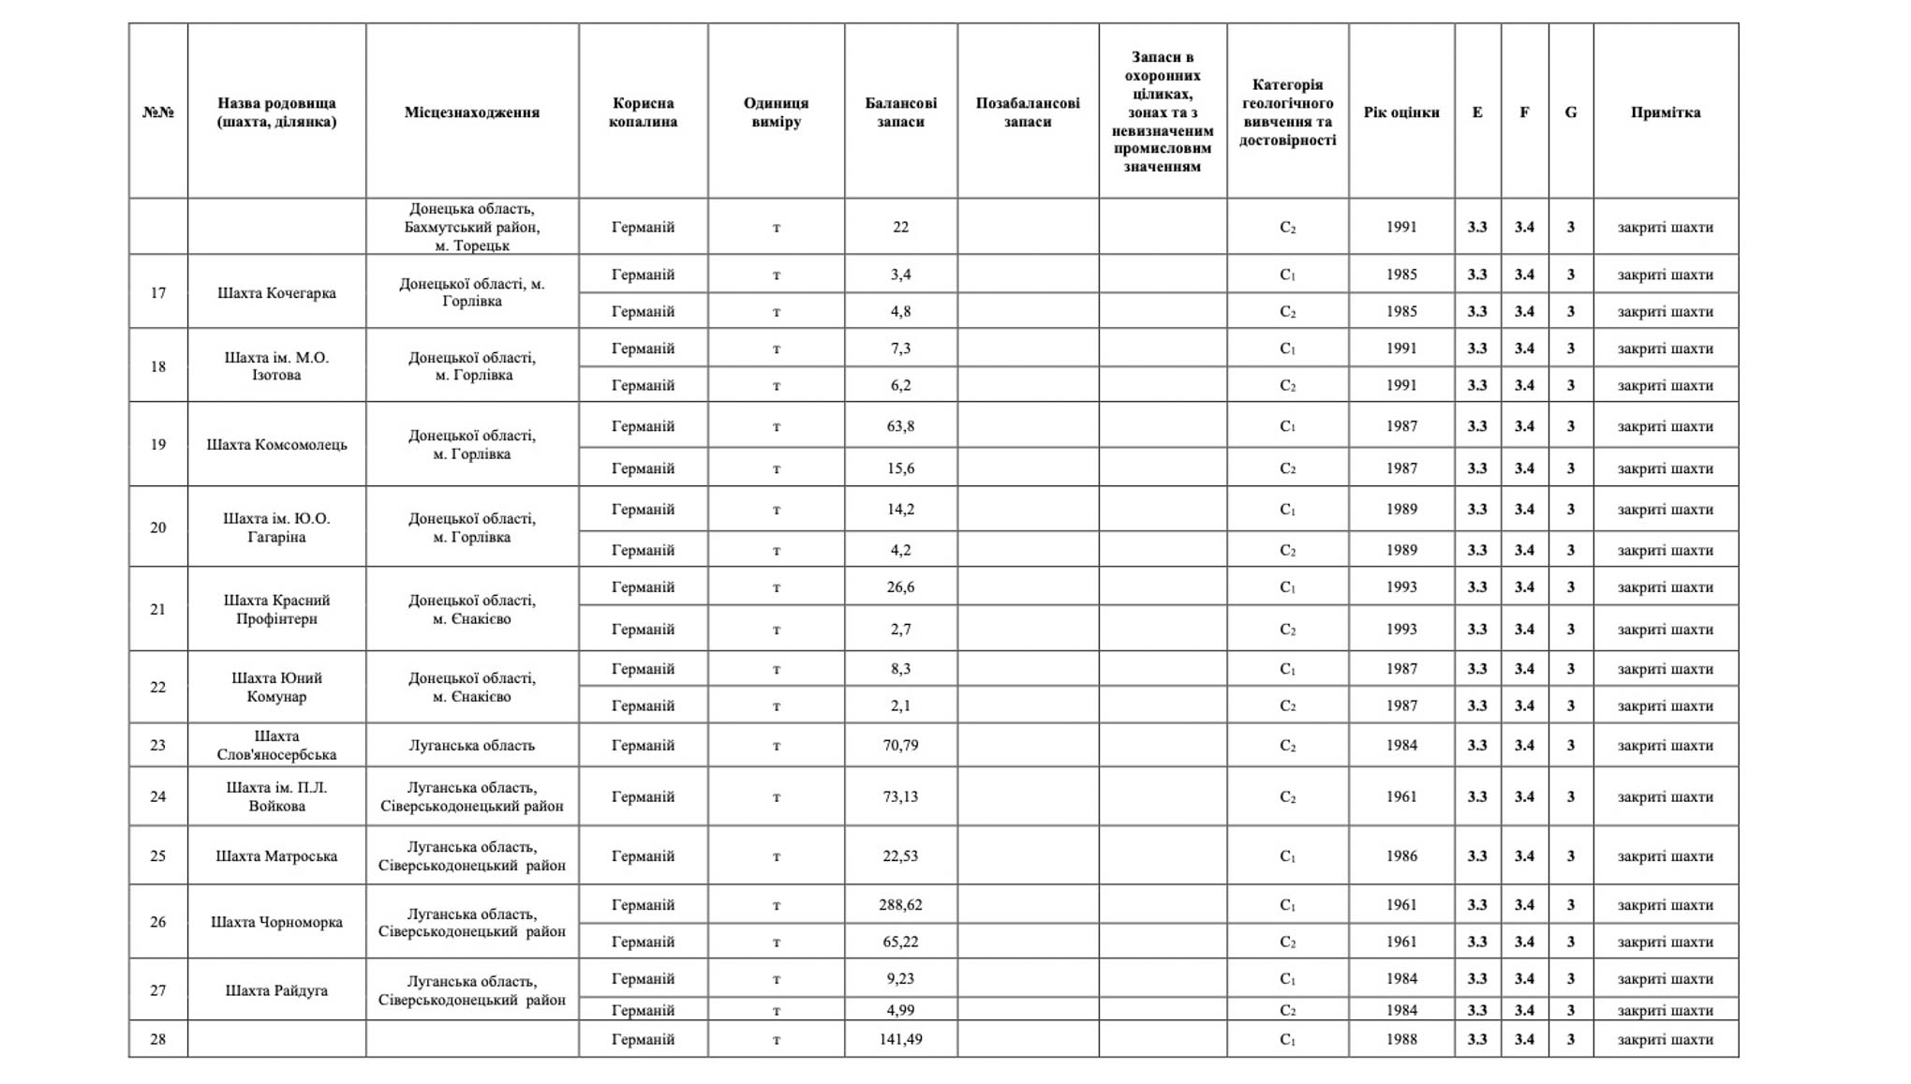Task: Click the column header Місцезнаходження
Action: pyautogui.click(x=472, y=112)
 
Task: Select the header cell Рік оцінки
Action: pyautogui.click(x=1401, y=112)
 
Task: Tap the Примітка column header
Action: pyautogui.click(x=1665, y=112)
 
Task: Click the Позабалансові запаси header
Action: pyautogui.click(x=1028, y=112)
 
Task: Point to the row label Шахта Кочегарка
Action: pyautogui.click(x=276, y=293)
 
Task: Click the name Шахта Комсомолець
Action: pyautogui.click(x=276, y=444)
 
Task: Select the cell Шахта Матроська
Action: pyautogui.click(x=276, y=855)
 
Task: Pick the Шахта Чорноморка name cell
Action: pyautogui.click(x=276, y=922)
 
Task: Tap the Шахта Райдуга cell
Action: pyautogui.click(x=276, y=990)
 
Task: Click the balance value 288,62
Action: pyautogui.click(x=900, y=905)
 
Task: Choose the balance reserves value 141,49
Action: pyautogui.click(x=900, y=1039)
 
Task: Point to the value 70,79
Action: pyautogui.click(x=900, y=746)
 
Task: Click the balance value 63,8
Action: pyautogui.click(x=900, y=426)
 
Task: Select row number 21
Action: pyautogui.click(x=158, y=609)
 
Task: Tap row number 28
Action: pyautogui.click(x=158, y=1039)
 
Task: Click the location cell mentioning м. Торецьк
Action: pyautogui.click(x=472, y=227)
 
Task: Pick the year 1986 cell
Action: pyautogui.click(x=1401, y=855)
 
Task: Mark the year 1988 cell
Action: pyautogui.click(x=1401, y=1039)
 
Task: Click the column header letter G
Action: pyautogui.click(x=1570, y=112)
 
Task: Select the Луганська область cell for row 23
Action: pyautogui.click(x=472, y=746)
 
